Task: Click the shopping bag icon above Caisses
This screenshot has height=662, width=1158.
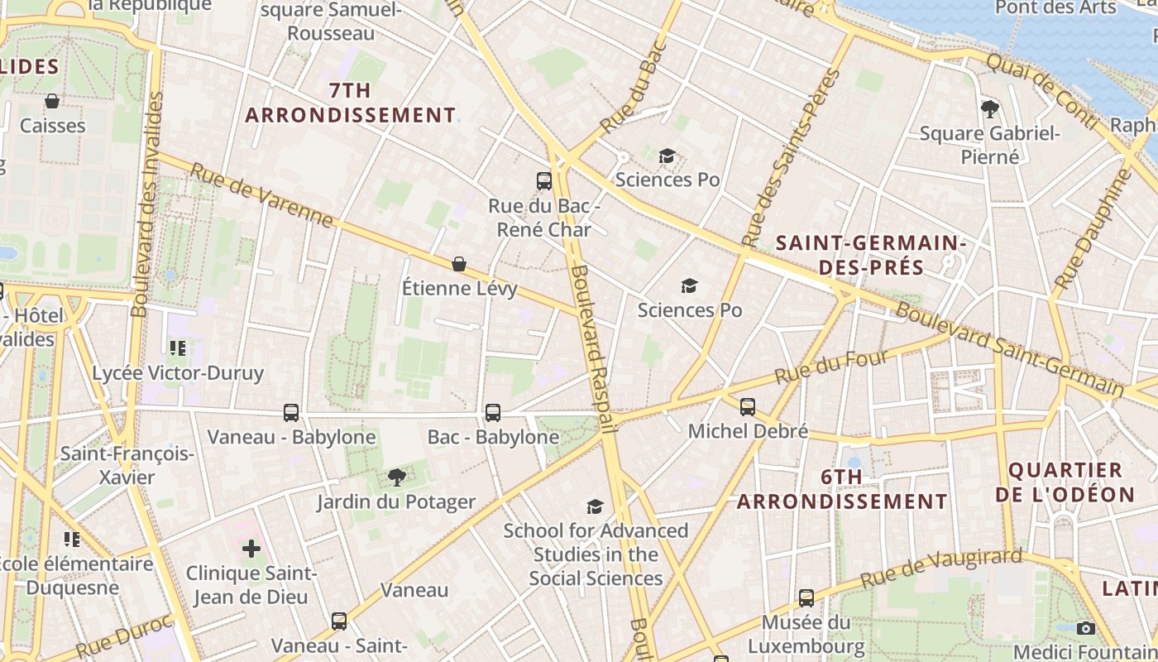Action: (52, 101)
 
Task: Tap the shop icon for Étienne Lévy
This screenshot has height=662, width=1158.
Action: (459, 264)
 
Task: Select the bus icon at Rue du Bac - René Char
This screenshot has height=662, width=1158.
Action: (543, 180)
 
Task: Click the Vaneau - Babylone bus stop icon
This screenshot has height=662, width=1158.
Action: (291, 412)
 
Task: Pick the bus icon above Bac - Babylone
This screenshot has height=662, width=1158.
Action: (493, 412)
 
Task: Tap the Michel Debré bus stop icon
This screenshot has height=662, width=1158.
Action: (748, 406)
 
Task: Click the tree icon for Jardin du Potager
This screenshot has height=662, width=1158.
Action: (397, 477)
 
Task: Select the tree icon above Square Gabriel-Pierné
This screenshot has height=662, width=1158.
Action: (989, 108)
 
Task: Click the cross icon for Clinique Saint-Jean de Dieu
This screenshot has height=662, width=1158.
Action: (251, 548)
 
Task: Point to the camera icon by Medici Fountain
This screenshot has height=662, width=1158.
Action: (1086, 628)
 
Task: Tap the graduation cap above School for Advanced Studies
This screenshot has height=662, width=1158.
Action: (595, 506)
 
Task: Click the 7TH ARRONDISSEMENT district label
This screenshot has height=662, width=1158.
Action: (350, 103)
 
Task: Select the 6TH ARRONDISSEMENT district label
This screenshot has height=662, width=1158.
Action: (842, 489)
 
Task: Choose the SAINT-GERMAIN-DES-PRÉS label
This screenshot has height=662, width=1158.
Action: (872, 255)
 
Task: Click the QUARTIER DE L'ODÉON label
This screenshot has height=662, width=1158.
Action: (1065, 482)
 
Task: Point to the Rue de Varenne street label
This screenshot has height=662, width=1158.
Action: (261, 196)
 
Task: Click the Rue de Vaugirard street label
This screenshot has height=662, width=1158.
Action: (941, 568)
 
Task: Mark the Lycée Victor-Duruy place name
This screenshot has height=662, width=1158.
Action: (178, 372)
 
